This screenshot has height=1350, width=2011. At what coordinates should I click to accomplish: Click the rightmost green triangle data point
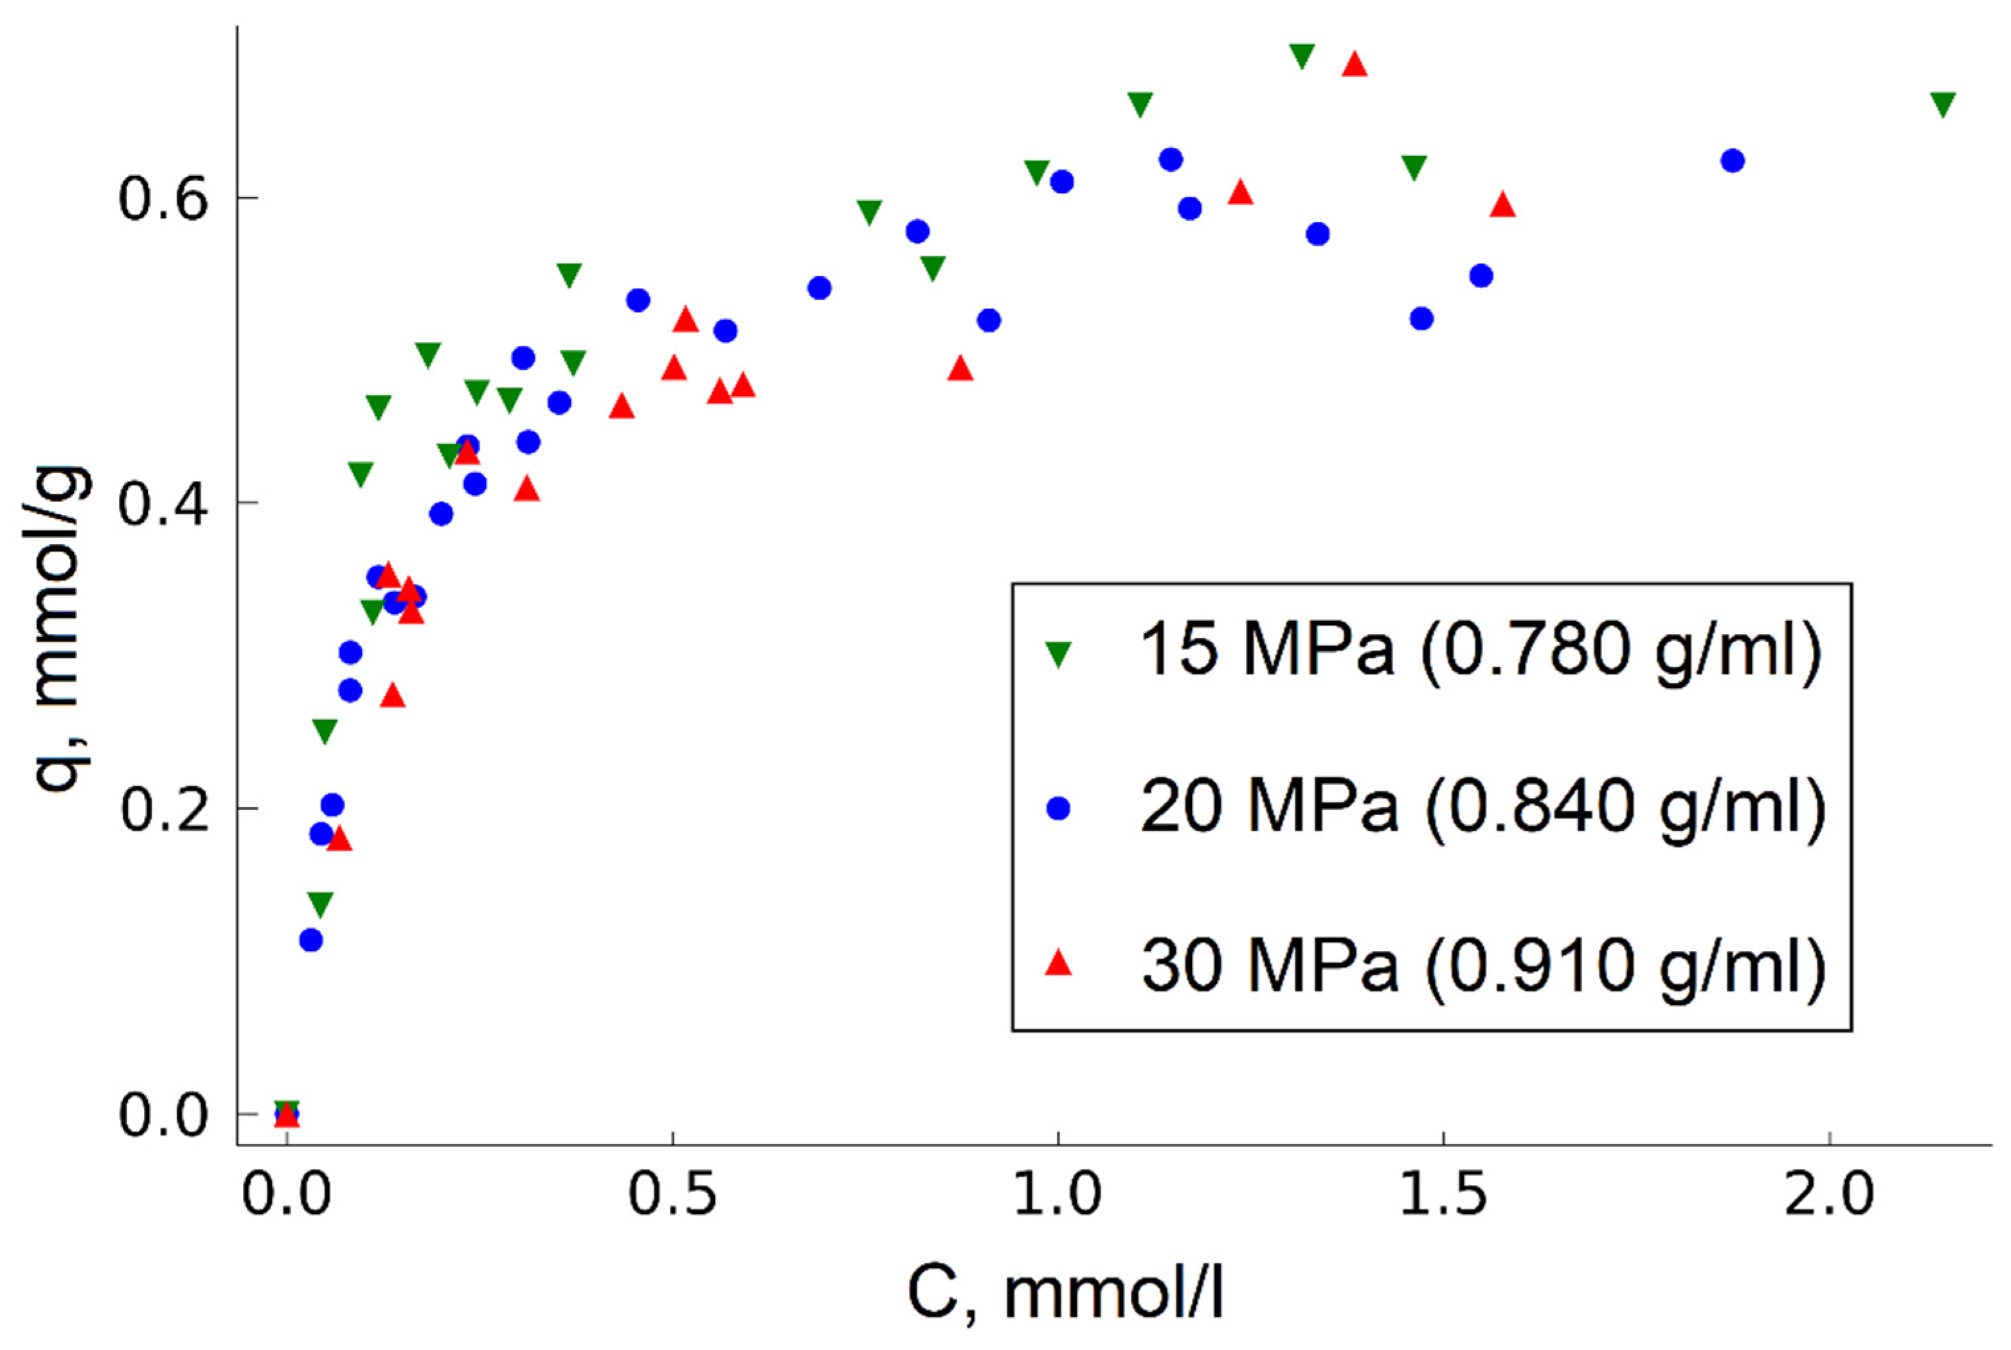pyautogui.click(x=1943, y=103)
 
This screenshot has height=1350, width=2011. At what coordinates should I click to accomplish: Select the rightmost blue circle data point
pyautogui.click(x=1733, y=161)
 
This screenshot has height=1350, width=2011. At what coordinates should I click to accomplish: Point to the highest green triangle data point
pyautogui.click(x=1302, y=55)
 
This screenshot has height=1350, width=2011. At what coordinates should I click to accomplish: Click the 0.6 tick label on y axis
pyautogui.click(x=164, y=199)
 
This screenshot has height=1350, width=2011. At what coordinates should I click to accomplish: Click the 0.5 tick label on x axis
pyautogui.click(x=672, y=1195)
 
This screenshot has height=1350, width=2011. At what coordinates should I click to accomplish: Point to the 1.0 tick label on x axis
pyautogui.click(x=1057, y=1195)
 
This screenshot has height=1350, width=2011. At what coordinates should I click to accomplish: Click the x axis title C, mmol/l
pyautogui.click(x=1066, y=1294)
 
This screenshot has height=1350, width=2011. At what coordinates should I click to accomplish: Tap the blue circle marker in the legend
pyautogui.click(x=1058, y=808)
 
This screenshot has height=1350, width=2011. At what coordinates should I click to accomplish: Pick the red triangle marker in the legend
pyautogui.click(x=1058, y=964)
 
